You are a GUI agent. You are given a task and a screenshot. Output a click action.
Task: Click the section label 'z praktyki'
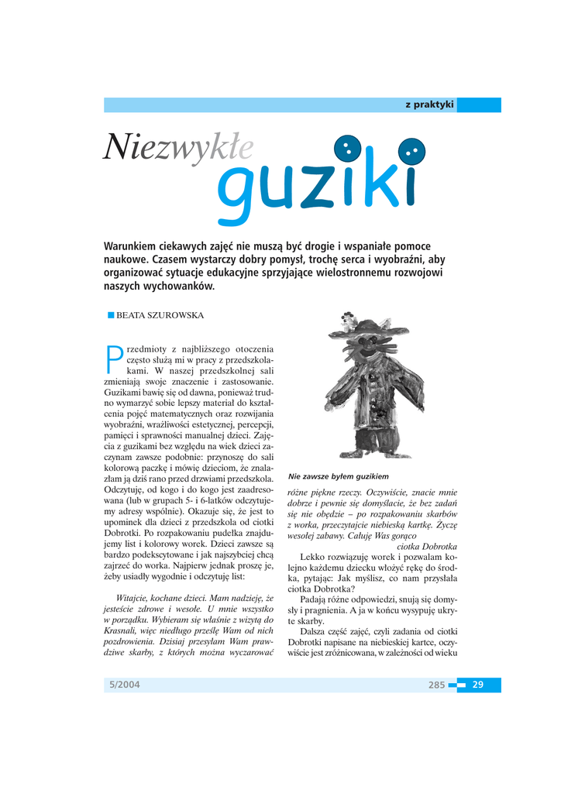[428, 105]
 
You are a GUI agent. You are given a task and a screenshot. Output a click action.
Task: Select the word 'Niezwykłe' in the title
[177, 147]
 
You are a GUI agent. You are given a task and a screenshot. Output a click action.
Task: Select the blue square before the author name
[111, 315]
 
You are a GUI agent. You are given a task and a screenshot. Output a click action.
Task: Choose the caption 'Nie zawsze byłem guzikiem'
[339, 475]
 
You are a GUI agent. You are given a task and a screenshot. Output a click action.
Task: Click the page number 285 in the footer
[436, 685]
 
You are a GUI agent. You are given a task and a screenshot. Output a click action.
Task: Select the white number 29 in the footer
[478, 685]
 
